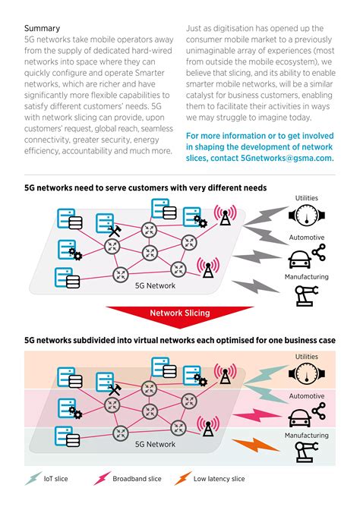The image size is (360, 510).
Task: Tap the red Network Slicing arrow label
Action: point(180,313)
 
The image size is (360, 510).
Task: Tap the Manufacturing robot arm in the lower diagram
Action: point(306,452)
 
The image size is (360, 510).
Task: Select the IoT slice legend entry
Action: point(50,479)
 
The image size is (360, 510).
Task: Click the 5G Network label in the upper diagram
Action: point(155,285)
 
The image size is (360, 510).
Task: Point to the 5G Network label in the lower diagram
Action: point(155,444)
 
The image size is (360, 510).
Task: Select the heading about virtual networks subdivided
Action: point(179,341)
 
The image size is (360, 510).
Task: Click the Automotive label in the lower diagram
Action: point(306,395)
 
